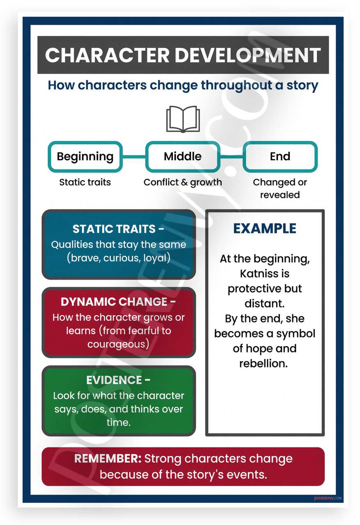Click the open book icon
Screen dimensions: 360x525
click(x=183, y=119)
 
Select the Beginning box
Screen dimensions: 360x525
click(x=85, y=157)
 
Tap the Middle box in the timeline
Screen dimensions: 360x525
click(x=183, y=157)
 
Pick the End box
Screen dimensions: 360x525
click(x=280, y=157)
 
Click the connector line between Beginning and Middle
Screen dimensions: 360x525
click(x=134, y=157)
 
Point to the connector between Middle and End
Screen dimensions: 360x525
click(x=232, y=157)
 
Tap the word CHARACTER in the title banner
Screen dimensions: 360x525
click(x=107, y=55)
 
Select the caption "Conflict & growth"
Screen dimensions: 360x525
click(x=183, y=182)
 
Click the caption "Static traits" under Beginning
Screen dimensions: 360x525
click(x=85, y=182)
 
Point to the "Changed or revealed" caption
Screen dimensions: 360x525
click(x=280, y=188)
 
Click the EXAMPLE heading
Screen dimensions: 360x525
click(x=265, y=228)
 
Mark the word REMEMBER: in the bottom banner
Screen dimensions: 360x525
click(x=108, y=459)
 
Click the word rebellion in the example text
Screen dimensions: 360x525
click(x=264, y=363)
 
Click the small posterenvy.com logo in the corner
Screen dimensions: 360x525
click(x=328, y=498)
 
